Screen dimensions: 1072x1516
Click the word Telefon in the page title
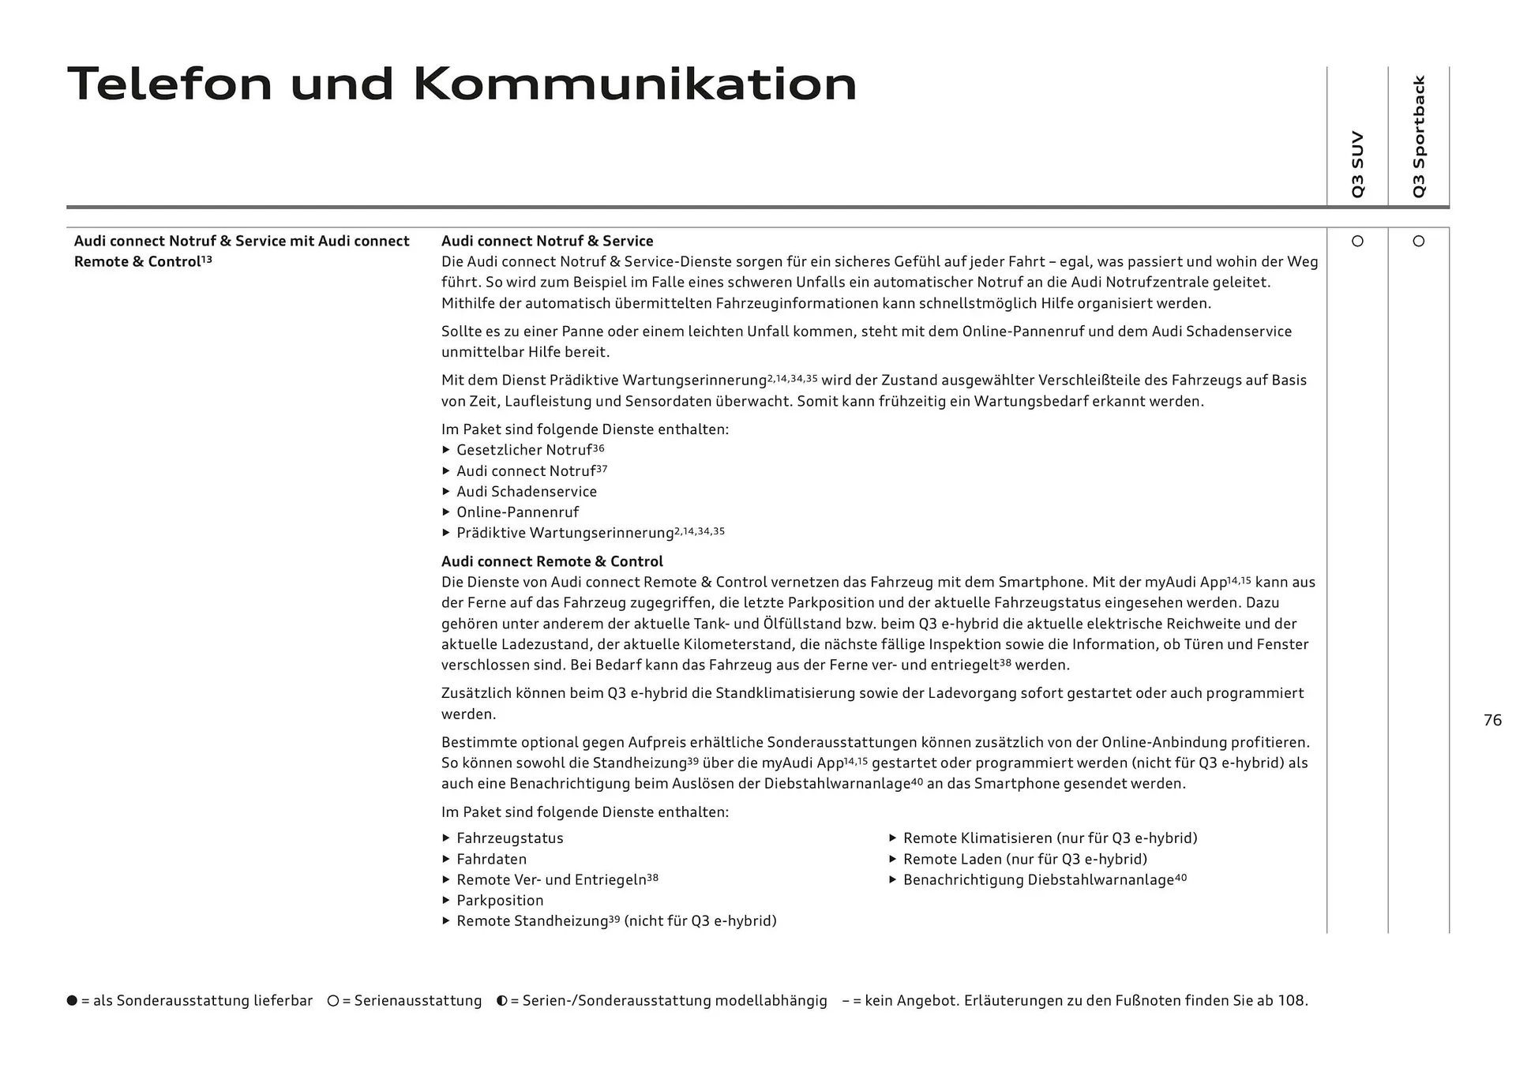pos(170,84)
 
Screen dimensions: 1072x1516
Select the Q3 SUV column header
pos(1357,163)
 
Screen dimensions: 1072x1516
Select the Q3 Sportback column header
pos(1419,136)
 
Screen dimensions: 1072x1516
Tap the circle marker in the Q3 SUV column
pos(1357,241)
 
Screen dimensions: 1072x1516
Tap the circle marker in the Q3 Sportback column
pos(1419,241)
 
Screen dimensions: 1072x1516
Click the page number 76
pos(1492,720)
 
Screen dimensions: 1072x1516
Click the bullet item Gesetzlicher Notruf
pos(523,450)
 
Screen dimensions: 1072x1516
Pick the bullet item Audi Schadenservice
pos(526,492)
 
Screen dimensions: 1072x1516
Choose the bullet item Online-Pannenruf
pos(517,512)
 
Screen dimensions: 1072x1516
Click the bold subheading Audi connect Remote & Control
pos(552,561)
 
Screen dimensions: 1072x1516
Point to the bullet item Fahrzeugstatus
pos(509,838)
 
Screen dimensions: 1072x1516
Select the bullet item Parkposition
pos(500,901)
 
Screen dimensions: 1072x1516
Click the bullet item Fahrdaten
pos(491,859)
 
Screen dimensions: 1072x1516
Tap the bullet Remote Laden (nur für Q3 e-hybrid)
pos(1025,859)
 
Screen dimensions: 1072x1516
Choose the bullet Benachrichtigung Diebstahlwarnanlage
pos(1038,880)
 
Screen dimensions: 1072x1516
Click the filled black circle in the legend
pos(72,1001)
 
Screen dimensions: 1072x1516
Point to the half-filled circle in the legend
pos(501,1001)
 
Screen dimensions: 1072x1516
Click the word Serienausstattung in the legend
pos(418,1001)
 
